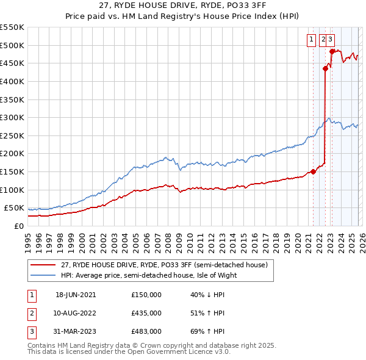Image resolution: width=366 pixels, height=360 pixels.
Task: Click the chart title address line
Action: [182, 7]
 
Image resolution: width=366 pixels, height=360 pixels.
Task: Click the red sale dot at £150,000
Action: [313, 171]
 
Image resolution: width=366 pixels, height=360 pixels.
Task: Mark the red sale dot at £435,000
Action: [325, 69]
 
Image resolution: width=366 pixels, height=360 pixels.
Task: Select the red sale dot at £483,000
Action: [332, 51]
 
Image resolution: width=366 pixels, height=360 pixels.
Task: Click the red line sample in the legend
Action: [43, 265]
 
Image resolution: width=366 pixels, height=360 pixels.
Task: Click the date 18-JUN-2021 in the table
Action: [76, 295]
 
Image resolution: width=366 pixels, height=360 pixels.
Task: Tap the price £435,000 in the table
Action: [146, 313]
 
